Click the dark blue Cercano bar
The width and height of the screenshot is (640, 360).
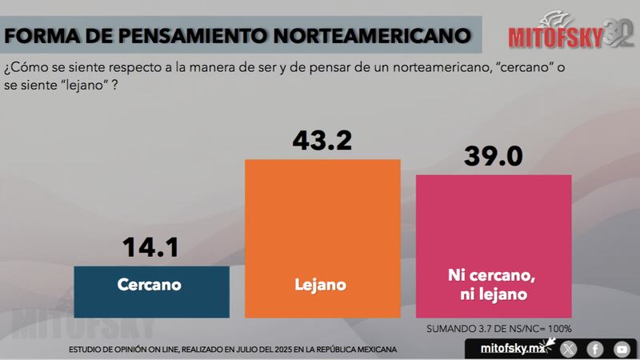pos(151,293)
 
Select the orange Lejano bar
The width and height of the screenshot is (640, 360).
pos(321,240)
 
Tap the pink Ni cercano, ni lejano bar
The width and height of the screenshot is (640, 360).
pos(494,248)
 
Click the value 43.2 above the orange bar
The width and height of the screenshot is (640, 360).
pos(321,142)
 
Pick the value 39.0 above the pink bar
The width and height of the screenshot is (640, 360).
pos(494,156)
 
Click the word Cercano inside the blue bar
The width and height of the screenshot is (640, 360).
pos(150,284)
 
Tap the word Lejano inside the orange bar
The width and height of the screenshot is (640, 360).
pos(321,284)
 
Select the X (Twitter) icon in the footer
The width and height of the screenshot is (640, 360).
pos(569,349)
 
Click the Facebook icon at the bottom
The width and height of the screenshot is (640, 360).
pos(595,349)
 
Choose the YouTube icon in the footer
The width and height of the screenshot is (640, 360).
pos(622,349)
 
